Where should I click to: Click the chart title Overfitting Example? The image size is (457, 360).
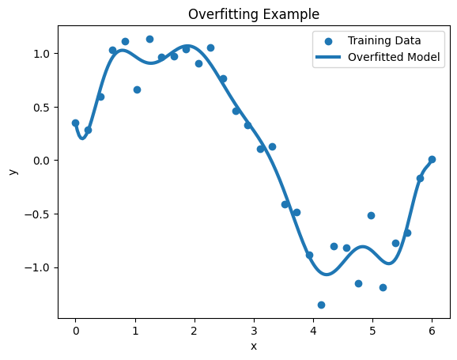[x=254, y=13]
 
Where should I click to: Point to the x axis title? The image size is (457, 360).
[x=254, y=346]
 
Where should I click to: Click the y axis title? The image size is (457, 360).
[x=12, y=171]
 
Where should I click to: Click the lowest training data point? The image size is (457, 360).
[x=321, y=305]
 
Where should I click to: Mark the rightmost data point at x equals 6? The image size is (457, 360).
[x=432, y=159]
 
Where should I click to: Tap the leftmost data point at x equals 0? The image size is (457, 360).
[x=75, y=123]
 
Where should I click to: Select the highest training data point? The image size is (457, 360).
[x=149, y=39]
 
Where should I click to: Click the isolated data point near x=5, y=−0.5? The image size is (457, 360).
[x=371, y=215]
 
